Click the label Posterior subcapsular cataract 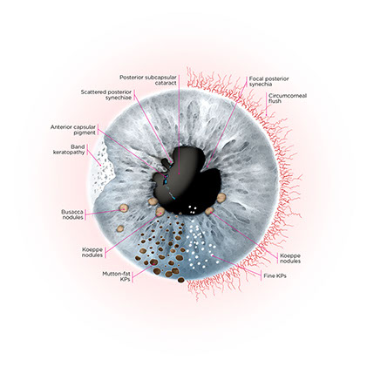148,80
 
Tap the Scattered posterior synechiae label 106,95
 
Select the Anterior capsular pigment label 73,130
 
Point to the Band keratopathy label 69,149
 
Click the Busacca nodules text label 72,214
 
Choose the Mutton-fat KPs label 116,276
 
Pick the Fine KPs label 275,275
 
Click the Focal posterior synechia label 268,81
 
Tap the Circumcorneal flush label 288,99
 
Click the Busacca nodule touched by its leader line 124,207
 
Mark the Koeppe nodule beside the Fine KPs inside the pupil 209,211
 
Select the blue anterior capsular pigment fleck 166,181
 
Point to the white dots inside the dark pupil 192,209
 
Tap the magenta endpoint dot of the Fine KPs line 213,255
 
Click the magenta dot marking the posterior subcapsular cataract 179,173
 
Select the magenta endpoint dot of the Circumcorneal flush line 266,115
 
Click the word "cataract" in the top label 166,83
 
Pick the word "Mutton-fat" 116,274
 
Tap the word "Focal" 256,78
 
